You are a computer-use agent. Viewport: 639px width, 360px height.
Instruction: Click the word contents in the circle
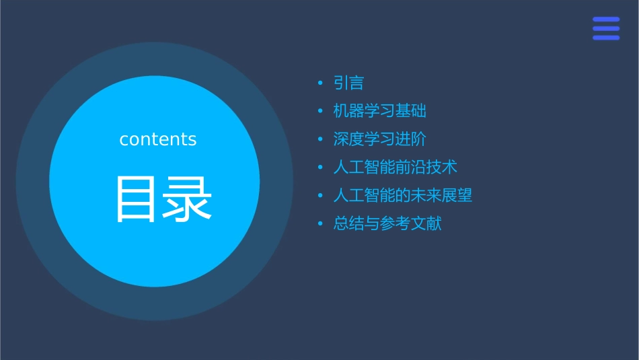pos(158,139)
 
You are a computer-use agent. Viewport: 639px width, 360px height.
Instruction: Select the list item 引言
pos(348,83)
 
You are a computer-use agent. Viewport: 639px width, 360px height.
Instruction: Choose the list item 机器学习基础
pos(379,111)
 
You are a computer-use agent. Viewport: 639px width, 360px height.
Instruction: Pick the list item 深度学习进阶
pos(379,139)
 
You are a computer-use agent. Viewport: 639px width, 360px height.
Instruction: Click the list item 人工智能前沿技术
pos(395,168)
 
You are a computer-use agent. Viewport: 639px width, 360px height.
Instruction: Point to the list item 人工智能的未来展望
pos(402,195)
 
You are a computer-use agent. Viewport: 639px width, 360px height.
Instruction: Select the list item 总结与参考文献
pos(387,223)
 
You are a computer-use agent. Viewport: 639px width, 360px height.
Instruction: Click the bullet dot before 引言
pos(320,83)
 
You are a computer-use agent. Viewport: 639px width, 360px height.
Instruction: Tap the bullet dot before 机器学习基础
pos(320,112)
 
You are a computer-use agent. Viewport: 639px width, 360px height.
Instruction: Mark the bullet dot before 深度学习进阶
pos(320,140)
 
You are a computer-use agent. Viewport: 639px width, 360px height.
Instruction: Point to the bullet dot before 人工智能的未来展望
pos(320,196)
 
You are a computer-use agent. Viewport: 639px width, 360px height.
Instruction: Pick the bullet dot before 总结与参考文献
pos(320,224)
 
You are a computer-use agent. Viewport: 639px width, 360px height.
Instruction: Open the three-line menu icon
pos(606,28)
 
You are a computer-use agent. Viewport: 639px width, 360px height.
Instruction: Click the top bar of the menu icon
pos(606,20)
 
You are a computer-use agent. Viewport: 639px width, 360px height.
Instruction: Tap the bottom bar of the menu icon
pos(606,38)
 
